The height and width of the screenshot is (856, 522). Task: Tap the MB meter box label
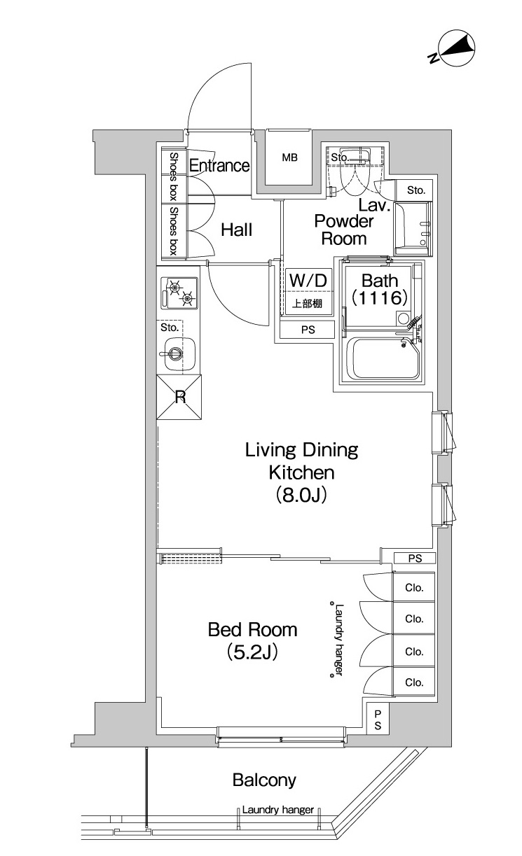[289, 157]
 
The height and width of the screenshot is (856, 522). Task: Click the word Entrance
[219, 165]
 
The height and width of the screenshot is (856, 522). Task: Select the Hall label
[237, 230]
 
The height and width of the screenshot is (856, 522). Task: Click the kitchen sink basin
[177, 353]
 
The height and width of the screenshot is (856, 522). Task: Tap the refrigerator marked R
[179, 398]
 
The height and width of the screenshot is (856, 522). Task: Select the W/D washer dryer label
[308, 281]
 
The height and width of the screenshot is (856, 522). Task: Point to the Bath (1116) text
[379, 289]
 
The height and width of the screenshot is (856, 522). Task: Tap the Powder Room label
[344, 230]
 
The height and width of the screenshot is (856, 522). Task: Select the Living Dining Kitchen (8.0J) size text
[301, 472]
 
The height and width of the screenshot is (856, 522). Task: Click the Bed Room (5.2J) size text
[252, 641]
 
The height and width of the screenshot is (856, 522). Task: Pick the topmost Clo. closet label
[414, 587]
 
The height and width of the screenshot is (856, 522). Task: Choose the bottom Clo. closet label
[414, 682]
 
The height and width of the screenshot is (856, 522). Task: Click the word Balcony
[264, 780]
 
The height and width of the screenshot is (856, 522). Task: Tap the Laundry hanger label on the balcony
[278, 809]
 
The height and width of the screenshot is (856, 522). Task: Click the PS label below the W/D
[308, 330]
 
